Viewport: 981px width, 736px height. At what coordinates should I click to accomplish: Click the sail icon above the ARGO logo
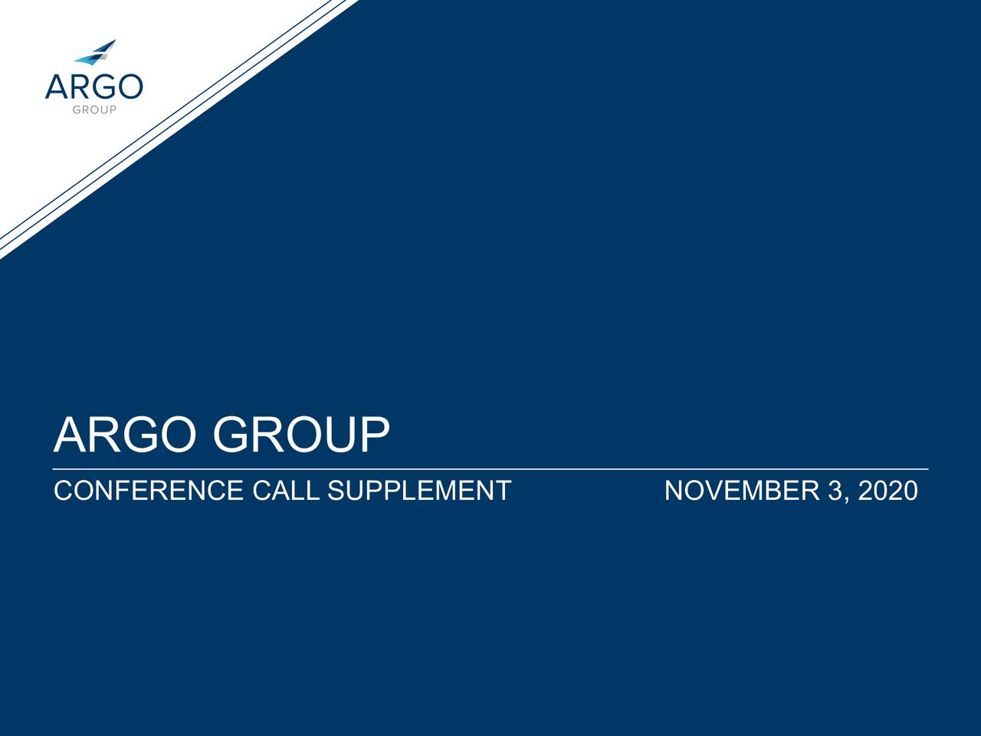(96, 51)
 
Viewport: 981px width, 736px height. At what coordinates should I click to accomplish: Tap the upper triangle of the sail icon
(107, 46)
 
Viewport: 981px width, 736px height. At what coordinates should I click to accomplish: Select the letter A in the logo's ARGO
(57, 86)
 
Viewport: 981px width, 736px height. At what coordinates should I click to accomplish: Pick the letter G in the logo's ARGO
(103, 86)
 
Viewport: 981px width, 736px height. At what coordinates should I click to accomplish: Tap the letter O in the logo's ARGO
(130, 86)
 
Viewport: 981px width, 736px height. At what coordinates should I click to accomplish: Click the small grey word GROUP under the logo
(94, 110)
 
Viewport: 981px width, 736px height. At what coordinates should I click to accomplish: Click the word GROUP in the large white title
(301, 435)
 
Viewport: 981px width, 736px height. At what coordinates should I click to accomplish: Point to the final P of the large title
(373, 435)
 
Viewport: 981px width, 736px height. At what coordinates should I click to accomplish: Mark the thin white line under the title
(490, 468)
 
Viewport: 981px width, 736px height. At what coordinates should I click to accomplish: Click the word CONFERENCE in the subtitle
(148, 491)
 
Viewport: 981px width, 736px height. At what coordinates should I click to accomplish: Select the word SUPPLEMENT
(418, 491)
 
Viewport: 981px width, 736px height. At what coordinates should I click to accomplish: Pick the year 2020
(887, 491)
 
